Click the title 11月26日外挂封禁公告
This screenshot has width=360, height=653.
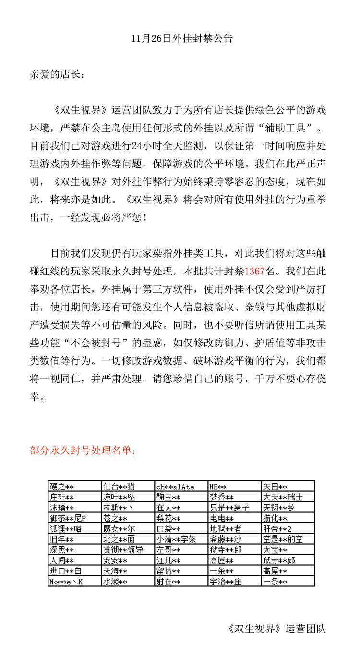point(182,39)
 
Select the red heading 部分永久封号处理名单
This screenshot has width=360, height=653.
point(83,451)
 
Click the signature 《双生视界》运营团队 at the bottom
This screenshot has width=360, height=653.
point(277,629)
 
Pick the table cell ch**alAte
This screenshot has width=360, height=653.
point(175,487)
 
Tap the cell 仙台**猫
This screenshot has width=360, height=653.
point(119,487)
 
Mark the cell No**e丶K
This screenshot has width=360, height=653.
point(66,582)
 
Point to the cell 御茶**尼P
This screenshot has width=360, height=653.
point(68,518)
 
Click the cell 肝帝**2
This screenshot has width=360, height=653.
point(277,529)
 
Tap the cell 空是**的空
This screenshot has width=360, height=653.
point(283,539)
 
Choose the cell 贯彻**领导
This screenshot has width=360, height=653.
point(122,550)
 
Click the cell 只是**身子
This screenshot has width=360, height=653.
point(229,508)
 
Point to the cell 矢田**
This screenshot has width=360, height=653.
point(275,487)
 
